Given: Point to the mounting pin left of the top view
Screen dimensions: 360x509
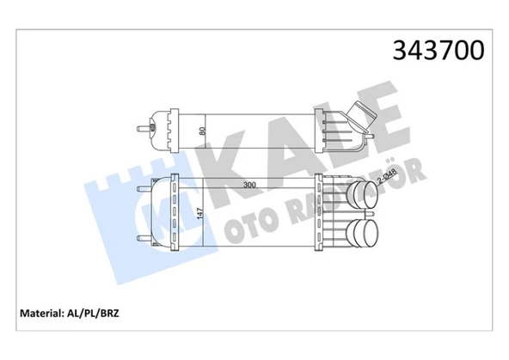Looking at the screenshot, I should (138, 129).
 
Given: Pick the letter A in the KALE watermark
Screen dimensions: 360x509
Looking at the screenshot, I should (284, 146).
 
